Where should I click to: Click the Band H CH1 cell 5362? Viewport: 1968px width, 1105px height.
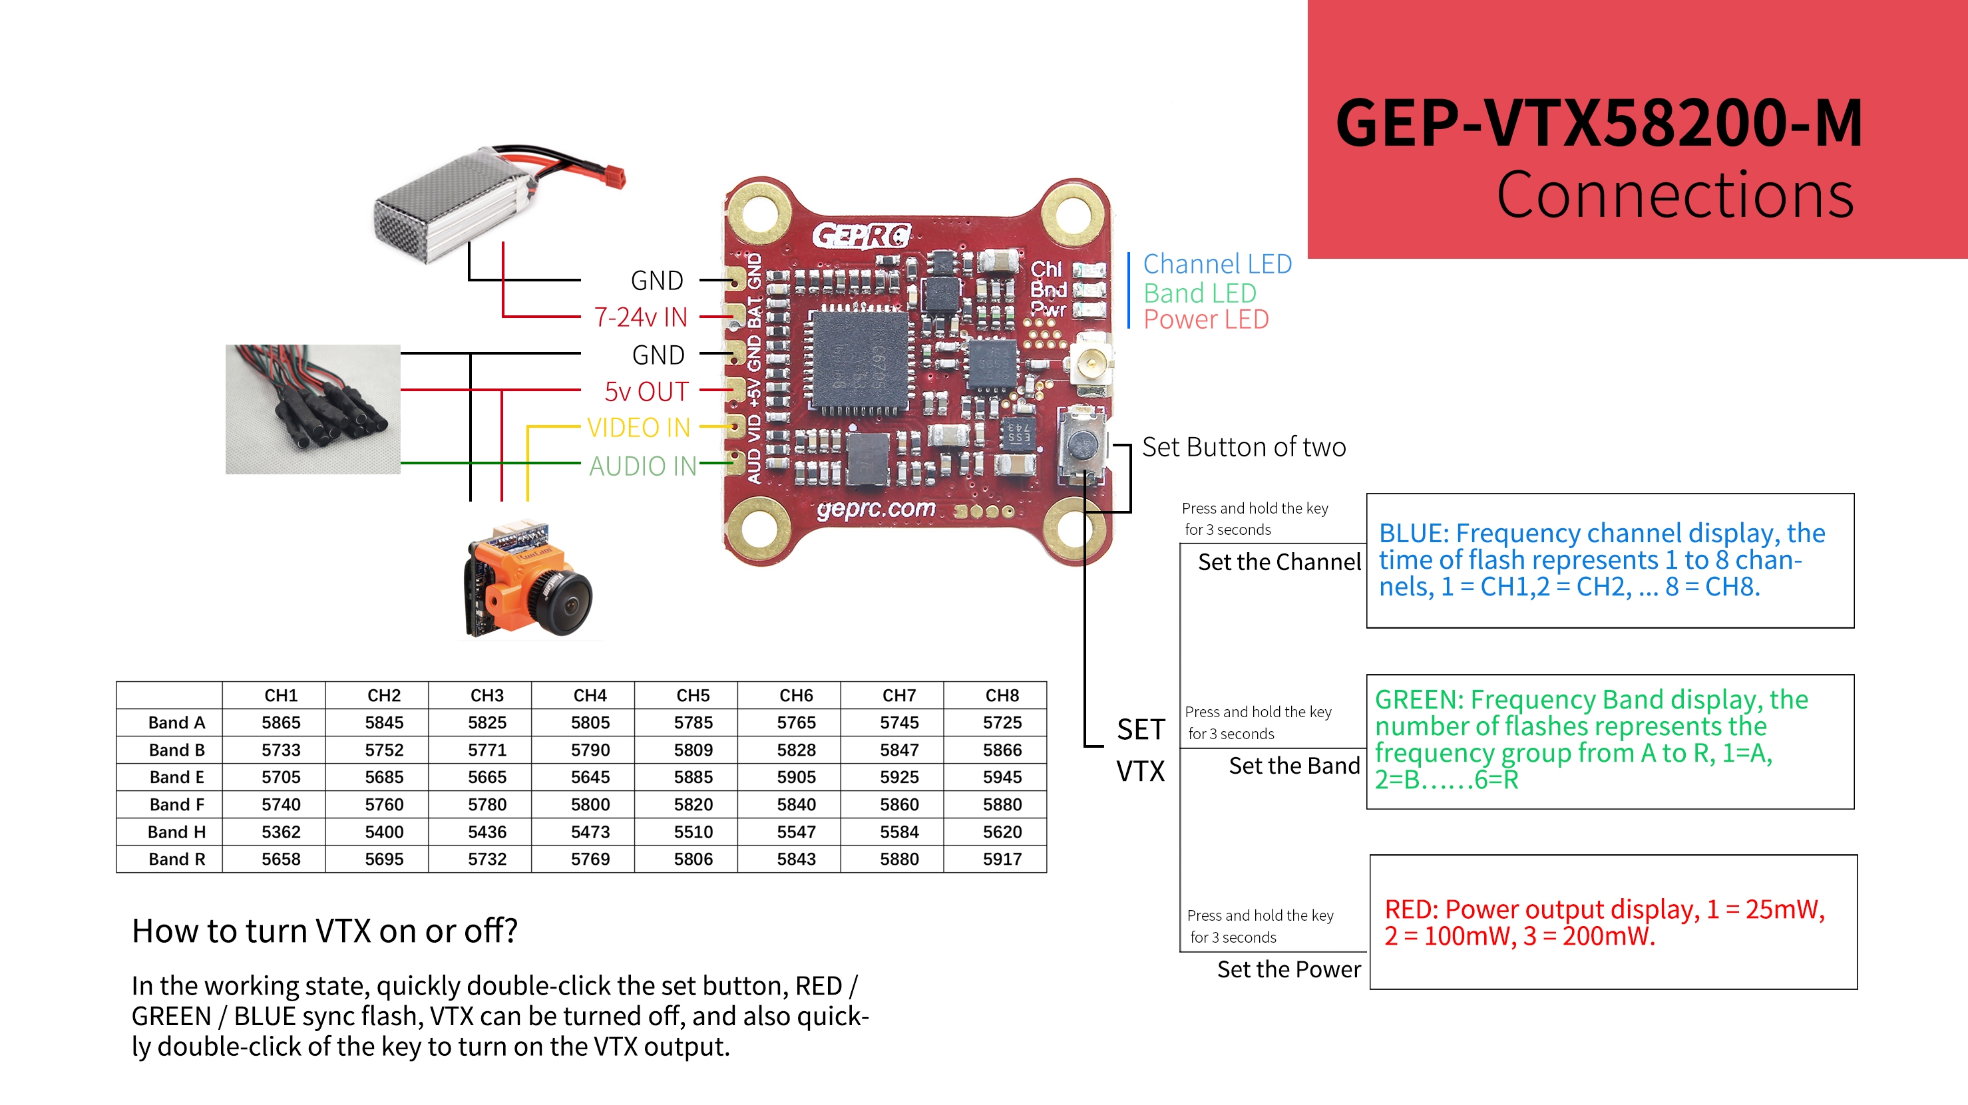coord(280,832)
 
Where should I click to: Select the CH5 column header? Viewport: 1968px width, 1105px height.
coord(693,696)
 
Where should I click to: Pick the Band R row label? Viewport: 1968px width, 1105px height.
coord(176,859)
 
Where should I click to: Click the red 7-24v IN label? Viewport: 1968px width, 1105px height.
coord(640,317)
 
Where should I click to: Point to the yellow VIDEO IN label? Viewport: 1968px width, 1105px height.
coord(639,428)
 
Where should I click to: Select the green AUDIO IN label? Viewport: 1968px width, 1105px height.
coord(642,466)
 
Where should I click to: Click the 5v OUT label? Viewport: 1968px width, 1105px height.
coord(646,392)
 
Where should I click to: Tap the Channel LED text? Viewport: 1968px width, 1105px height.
coord(1217,264)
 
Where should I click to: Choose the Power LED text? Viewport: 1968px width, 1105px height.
coord(1205,319)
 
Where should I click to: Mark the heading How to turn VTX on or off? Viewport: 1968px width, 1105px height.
coord(325,931)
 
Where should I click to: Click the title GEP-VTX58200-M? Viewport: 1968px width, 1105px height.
coord(1598,124)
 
